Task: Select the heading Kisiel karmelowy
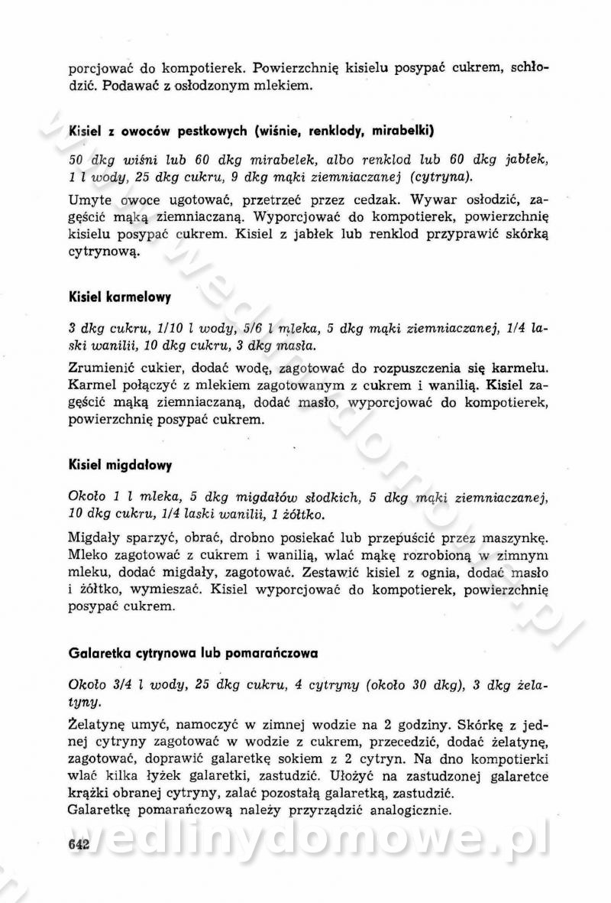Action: [119, 297]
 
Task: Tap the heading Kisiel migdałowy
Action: [120, 465]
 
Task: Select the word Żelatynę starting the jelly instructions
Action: [97, 722]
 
